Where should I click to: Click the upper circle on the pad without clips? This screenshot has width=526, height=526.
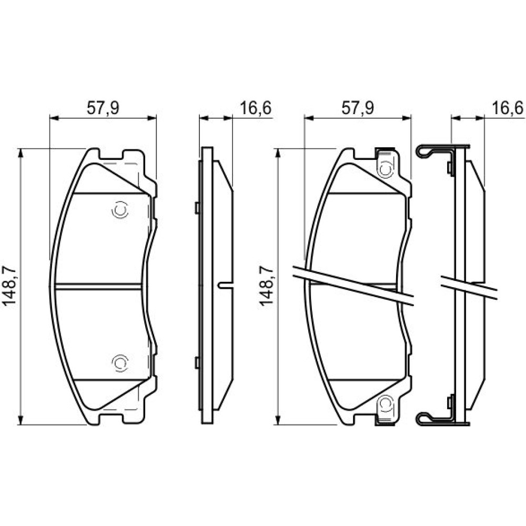[x=120, y=210]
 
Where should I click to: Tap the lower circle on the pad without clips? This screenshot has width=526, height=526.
[x=120, y=362]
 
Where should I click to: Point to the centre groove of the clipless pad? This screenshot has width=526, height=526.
[x=98, y=286]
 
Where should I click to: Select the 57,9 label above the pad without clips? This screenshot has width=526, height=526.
[x=103, y=108]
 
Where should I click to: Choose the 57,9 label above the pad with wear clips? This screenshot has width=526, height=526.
[x=358, y=108]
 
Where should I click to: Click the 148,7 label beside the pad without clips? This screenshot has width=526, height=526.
[x=9, y=286]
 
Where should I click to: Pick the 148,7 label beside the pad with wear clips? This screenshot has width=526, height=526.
[x=266, y=286]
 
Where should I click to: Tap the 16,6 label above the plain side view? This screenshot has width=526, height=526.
[x=255, y=108]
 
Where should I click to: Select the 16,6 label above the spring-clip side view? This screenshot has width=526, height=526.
[x=508, y=108]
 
